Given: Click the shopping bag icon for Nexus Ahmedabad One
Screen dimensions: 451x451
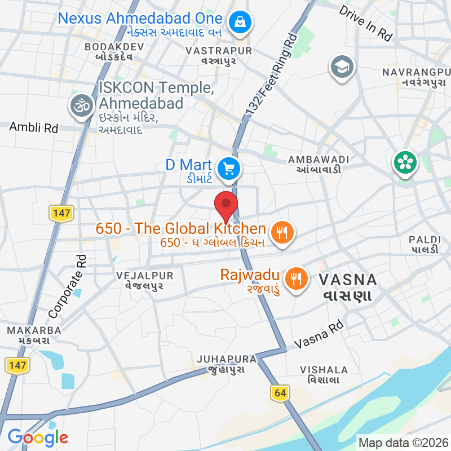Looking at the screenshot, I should pos(240,23).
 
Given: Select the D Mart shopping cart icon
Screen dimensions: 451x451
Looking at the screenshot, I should pos(229,168).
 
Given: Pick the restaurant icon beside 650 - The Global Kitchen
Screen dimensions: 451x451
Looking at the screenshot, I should pos(280,231).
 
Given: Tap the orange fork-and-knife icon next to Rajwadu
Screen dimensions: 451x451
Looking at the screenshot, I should pos(295,278).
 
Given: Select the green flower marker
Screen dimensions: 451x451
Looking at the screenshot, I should pos(405,163).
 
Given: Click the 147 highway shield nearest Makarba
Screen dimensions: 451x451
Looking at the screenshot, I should pos(17,365).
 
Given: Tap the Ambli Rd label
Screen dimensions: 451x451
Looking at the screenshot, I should pos(34,127).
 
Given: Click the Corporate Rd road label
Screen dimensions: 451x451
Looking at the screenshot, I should pos(67,286).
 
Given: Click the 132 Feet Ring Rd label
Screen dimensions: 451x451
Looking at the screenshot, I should pos(271,77).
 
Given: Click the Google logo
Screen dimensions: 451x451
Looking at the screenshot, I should pos(38,437).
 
